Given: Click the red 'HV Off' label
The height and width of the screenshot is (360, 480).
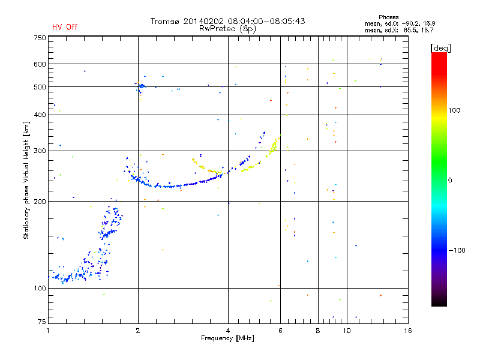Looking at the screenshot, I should (65, 27).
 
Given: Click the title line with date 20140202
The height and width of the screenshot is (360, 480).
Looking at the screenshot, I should (227, 21).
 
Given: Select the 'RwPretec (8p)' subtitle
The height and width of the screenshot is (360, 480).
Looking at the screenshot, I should (227, 28).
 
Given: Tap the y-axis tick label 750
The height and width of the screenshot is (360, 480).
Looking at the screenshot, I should (40, 38).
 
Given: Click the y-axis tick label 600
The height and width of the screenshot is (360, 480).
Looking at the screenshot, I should (40, 64).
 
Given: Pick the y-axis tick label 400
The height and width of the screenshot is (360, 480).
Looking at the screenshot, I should (40, 115).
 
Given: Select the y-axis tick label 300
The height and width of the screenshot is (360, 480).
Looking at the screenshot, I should (40, 151).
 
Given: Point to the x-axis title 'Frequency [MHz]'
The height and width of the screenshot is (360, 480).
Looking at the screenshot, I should (227, 338).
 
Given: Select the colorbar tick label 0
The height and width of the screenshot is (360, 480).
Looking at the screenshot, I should (449, 180).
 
